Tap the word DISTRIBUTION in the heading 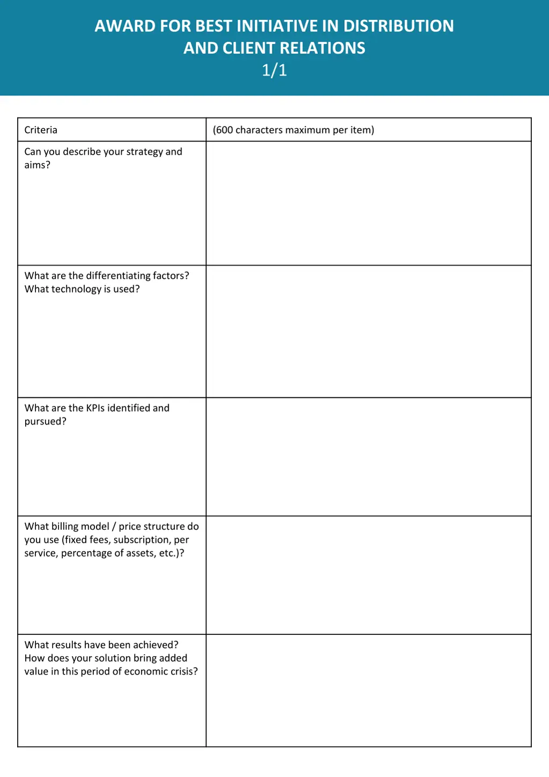398,26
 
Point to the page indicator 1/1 274,70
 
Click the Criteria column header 41,130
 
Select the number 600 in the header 224,130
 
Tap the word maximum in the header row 307,130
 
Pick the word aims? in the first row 37,165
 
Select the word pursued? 46,421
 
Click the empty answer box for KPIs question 368,456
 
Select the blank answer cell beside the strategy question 368,203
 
